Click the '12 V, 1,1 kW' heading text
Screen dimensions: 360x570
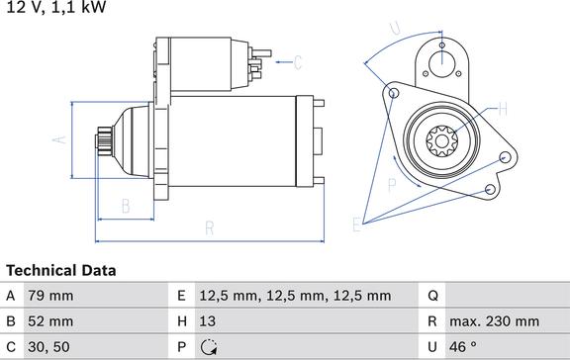pyautogui.click(x=54, y=8)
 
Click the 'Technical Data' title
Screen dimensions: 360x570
pyautogui.click(x=61, y=270)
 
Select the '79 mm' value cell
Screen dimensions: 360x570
pyautogui.click(x=50, y=296)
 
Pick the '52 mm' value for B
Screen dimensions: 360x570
pyautogui.click(x=50, y=321)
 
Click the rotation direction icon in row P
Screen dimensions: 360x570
pyautogui.click(x=211, y=347)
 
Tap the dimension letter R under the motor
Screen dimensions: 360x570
pyautogui.click(x=210, y=228)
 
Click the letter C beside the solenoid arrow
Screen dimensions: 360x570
pyautogui.click(x=297, y=64)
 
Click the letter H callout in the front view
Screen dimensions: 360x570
pyautogui.click(x=503, y=108)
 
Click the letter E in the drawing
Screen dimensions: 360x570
pyautogui.click(x=357, y=225)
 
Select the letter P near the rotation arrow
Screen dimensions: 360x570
pyautogui.click(x=390, y=183)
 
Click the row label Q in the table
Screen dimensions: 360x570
pyautogui.click(x=432, y=296)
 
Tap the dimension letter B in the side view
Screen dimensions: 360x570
pyautogui.click(x=126, y=206)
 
